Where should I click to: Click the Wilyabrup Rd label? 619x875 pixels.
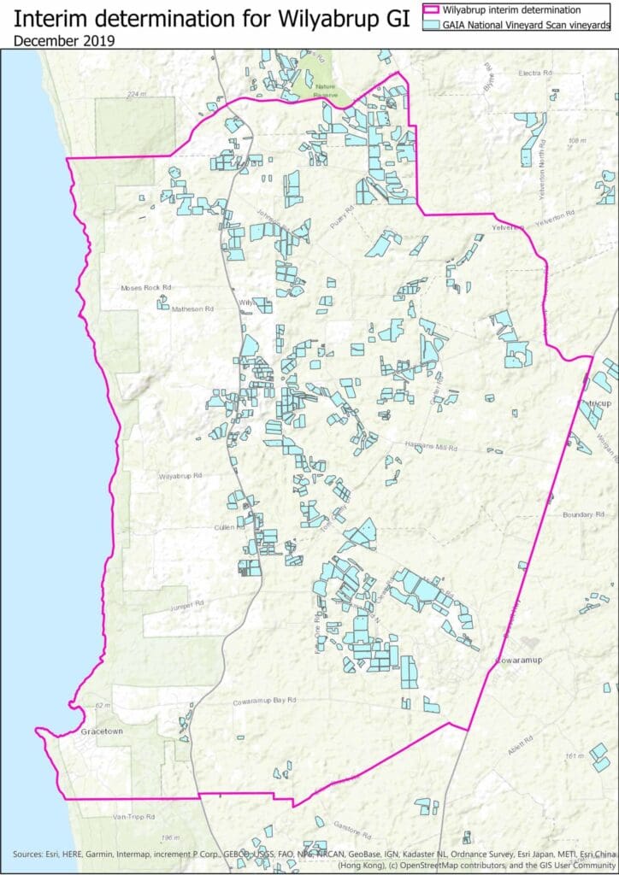coord(180,475)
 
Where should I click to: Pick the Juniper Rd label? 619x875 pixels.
coord(186,603)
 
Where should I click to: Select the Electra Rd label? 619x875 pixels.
coord(535,73)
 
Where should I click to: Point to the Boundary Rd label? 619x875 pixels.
coord(583,514)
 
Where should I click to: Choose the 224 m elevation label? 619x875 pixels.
coord(136,94)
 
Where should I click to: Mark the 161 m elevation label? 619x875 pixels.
coord(577,756)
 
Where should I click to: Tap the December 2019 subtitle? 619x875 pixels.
coord(65,40)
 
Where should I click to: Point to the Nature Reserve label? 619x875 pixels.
coord(326,89)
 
